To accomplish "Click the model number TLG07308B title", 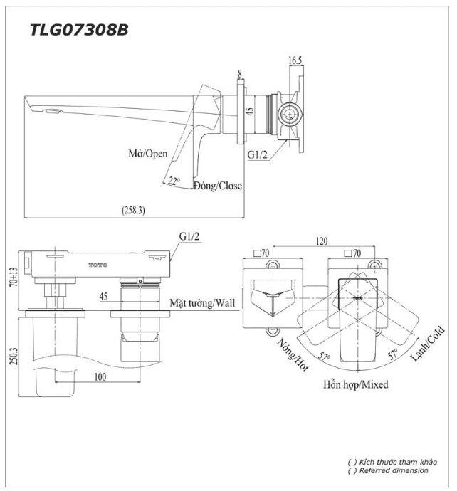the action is point(79,31).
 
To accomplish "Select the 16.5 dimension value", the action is point(295,60).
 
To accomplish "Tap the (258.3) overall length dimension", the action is point(133,210).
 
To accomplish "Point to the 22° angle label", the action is point(174,181).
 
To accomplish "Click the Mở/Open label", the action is point(148,154).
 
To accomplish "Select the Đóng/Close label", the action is point(218,186).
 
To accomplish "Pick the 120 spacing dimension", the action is point(322,241).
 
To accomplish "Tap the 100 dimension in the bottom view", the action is point(100,376).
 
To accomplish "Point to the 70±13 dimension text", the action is point(14,277).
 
